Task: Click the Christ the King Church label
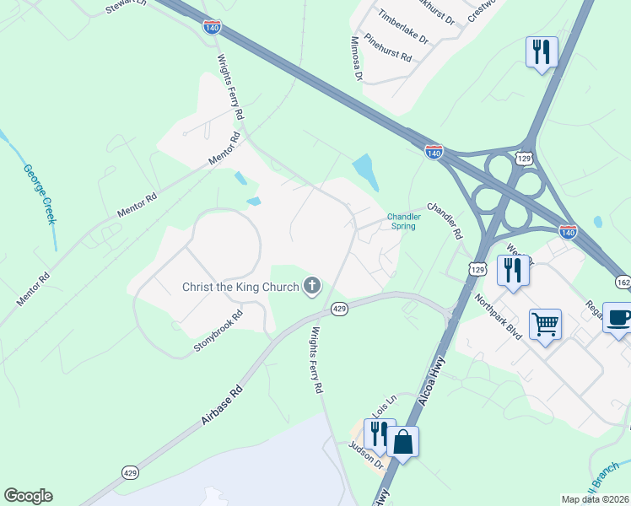click(240, 287)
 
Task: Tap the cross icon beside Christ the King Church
click(312, 287)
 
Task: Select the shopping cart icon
click(545, 324)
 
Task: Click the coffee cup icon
click(618, 318)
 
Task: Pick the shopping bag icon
click(403, 441)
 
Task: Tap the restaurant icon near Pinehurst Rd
click(541, 51)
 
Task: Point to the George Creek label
click(40, 195)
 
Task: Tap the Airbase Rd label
click(224, 404)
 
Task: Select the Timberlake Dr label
click(403, 28)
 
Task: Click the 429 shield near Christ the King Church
click(339, 310)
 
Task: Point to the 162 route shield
click(623, 282)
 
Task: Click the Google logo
click(28, 496)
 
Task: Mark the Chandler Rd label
click(446, 220)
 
